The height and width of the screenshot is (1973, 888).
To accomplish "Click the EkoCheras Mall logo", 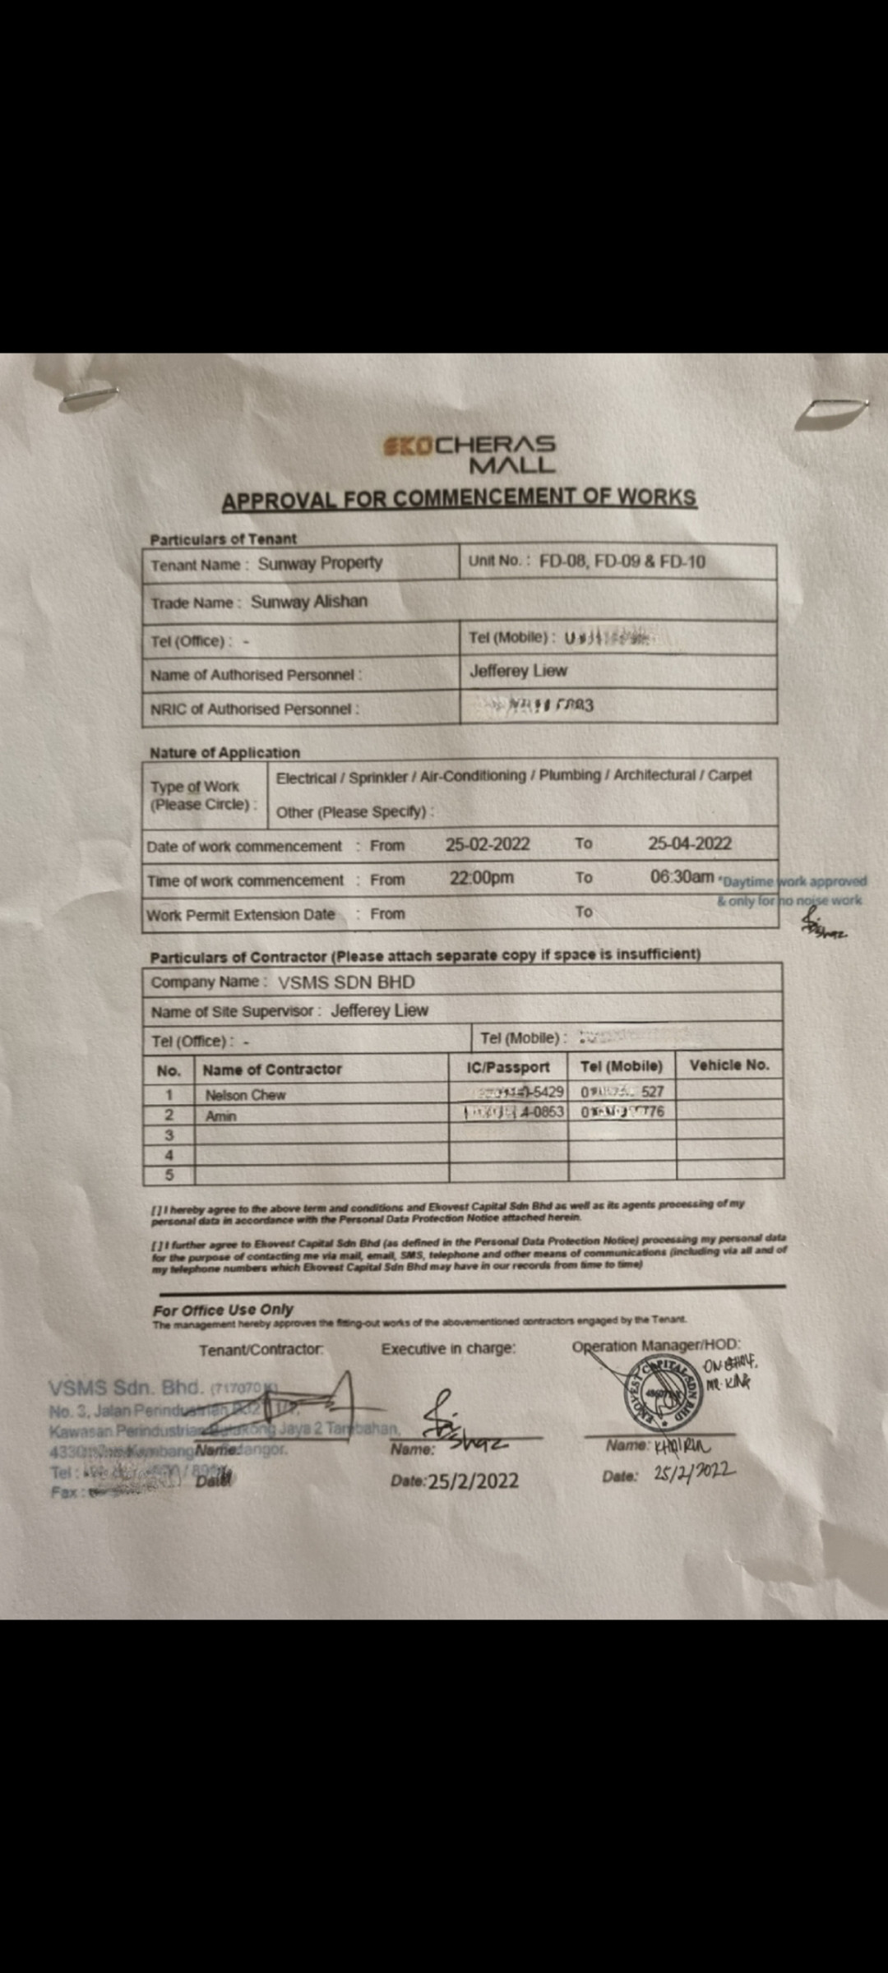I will tap(469, 454).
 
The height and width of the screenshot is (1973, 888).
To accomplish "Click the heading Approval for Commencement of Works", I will tap(459, 498).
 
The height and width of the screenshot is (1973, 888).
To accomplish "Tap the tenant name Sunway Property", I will tap(320, 563).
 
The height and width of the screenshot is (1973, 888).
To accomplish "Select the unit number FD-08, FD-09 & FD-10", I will tap(622, 561).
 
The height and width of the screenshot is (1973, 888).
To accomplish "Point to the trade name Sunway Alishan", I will tap(308, 602).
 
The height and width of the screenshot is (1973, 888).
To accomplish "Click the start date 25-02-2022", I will tap(488, 844).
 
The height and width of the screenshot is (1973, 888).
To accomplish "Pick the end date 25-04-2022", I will tap(689, 843).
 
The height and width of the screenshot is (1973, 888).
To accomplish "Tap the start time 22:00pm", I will tap(481, 878).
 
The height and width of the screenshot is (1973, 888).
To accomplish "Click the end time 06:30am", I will tap(682, 877).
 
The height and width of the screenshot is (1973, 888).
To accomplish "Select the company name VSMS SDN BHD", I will tap(346, 982).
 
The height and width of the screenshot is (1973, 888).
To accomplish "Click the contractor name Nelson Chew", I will tap(245, 1095).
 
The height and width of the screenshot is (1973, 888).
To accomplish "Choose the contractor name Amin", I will tap(220, 1116).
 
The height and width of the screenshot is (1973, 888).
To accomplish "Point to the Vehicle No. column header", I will tap(728, 1065).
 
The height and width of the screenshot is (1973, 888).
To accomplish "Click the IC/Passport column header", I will tap(508, 1067).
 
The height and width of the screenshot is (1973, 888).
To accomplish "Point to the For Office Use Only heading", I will tap(223, 1310).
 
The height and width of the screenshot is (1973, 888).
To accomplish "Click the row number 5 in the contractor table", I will tap(169, 1175).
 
